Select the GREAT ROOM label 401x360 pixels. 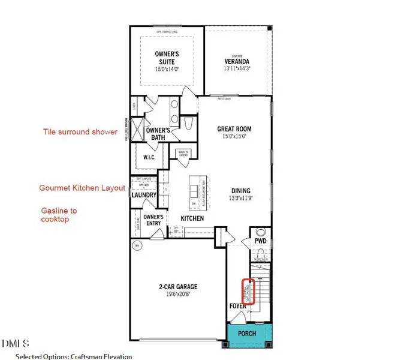[234, 129]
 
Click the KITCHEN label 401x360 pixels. [192, 218]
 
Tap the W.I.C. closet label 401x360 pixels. [149, 157]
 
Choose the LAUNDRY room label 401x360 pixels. [144, 195]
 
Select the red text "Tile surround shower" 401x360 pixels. [80, 132]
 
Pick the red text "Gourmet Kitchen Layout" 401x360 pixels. [82, 188]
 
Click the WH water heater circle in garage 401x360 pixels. [138, 245]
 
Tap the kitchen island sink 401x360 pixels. [194, 191]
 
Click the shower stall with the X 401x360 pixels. [137, 131]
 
